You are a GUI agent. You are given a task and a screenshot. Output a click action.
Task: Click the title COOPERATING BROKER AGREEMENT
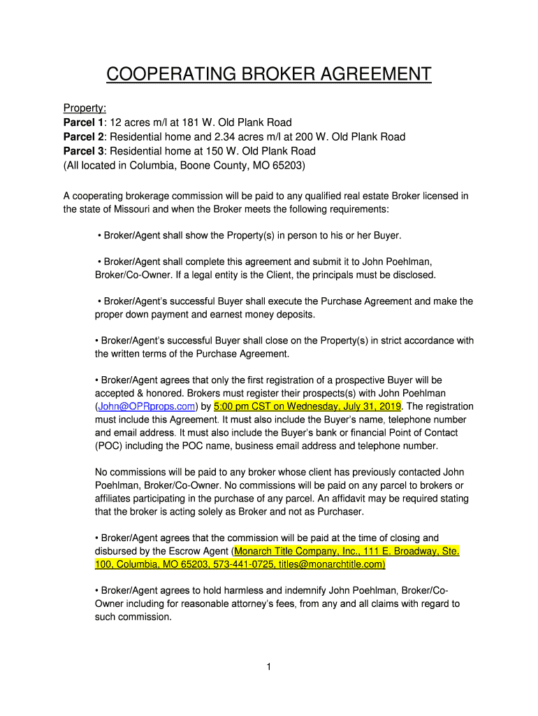(x=268, y=74)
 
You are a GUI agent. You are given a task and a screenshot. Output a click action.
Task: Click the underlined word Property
(x=85, y=108)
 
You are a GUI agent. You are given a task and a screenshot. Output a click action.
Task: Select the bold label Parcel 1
(x=83, y=123)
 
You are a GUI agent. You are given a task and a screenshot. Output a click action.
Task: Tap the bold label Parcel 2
(x=83, y=137)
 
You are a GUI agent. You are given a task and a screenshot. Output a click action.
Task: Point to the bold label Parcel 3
(x=83, y=151)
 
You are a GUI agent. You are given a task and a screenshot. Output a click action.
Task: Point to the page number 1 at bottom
(x=268, y=667)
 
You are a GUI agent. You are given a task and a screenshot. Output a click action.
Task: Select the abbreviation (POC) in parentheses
(x=108, y=446)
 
